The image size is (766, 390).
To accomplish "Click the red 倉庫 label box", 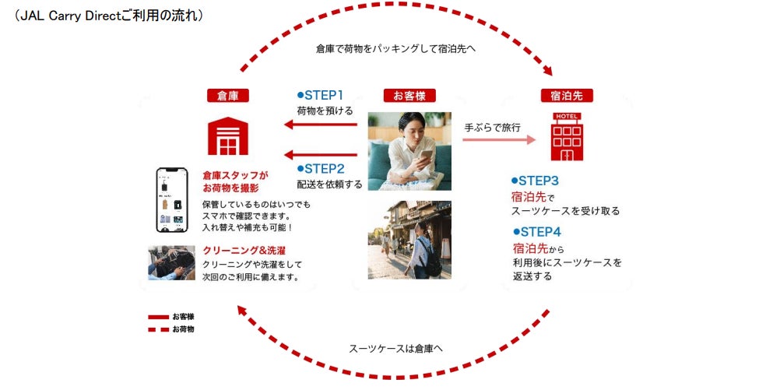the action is tap(227, 96).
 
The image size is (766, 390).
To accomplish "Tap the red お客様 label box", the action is tap(409, 96).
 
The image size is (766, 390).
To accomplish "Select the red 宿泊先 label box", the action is tap(567, 96).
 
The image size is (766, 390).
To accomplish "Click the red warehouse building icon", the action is tap(227, 135).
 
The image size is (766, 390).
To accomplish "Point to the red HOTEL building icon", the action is tap(567, 137).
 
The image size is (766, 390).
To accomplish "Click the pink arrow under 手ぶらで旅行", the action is tap(498, 140).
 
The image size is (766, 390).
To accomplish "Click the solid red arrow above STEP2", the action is tap(321, 153).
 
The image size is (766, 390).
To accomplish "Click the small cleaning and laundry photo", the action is tap(171, 262).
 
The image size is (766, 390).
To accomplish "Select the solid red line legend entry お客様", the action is tap(171, 317).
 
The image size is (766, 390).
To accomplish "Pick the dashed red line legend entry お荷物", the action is tap(171, 329).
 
